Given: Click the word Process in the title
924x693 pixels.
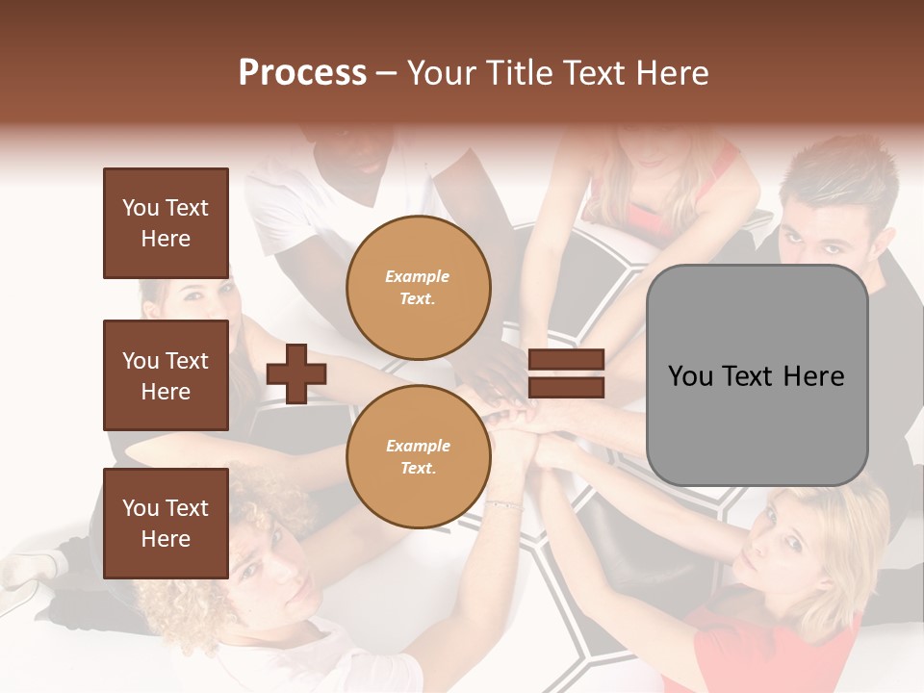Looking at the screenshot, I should tap(302, 73).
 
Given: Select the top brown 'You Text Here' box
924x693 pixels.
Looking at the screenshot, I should tap(166, 223).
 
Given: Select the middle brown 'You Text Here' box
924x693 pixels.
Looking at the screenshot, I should tap(166, 375).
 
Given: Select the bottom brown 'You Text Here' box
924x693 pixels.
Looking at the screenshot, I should tap(166, 524).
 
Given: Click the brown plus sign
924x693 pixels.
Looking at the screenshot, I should tap(296, 374).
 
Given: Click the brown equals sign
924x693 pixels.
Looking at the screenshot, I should tap(566, 374).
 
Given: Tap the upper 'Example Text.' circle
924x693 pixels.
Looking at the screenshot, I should tap(418, 288).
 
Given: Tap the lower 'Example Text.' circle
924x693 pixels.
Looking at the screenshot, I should tap(418, 457).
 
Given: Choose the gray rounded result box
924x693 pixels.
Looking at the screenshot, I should tap(757, 375).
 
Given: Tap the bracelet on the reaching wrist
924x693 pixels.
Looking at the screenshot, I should tap(503, 504).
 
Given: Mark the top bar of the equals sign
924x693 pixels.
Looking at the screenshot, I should tap(566, 361).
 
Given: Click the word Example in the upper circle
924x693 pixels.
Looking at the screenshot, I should tap(418, 276).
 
